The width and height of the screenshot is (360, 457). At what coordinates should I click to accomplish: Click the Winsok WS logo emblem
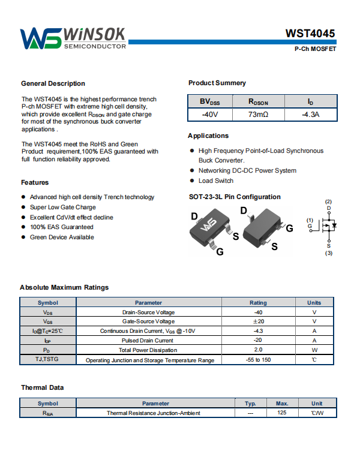[x=40, y=38]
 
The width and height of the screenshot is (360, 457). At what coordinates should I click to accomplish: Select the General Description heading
[x=53, y=83]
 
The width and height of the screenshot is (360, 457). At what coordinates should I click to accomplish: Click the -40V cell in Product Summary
[x=210, y=114]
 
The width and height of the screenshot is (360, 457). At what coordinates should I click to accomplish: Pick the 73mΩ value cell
[x=258, y=114]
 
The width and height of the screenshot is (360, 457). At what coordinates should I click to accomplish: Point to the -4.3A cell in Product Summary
[x=310, y=114]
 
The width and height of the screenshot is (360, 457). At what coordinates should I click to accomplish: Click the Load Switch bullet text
[x=215, y=181]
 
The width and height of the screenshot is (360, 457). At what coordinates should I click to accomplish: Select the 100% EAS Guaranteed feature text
[x=61, y=227]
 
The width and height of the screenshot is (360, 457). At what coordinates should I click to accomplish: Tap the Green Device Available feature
[x=62, y=237]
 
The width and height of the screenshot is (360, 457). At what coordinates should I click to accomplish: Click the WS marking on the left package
[x=209, y=226]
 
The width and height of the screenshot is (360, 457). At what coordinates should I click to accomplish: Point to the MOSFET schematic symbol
[x=328, y=226]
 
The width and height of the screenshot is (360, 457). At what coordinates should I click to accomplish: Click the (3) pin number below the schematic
[x=329, y=253]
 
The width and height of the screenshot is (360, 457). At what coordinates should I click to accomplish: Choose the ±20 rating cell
[x=258, y=321]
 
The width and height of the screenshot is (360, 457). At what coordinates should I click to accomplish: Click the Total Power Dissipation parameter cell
[x=148, y=350]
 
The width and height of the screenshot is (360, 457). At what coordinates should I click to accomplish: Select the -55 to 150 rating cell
[x=258, y=360]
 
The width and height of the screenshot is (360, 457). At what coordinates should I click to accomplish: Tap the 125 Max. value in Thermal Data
[x=282, y=413]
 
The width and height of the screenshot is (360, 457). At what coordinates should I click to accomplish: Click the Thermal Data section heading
[x=42, y=387]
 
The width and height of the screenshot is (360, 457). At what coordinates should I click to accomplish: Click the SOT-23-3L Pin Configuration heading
[x=234, y=197]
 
